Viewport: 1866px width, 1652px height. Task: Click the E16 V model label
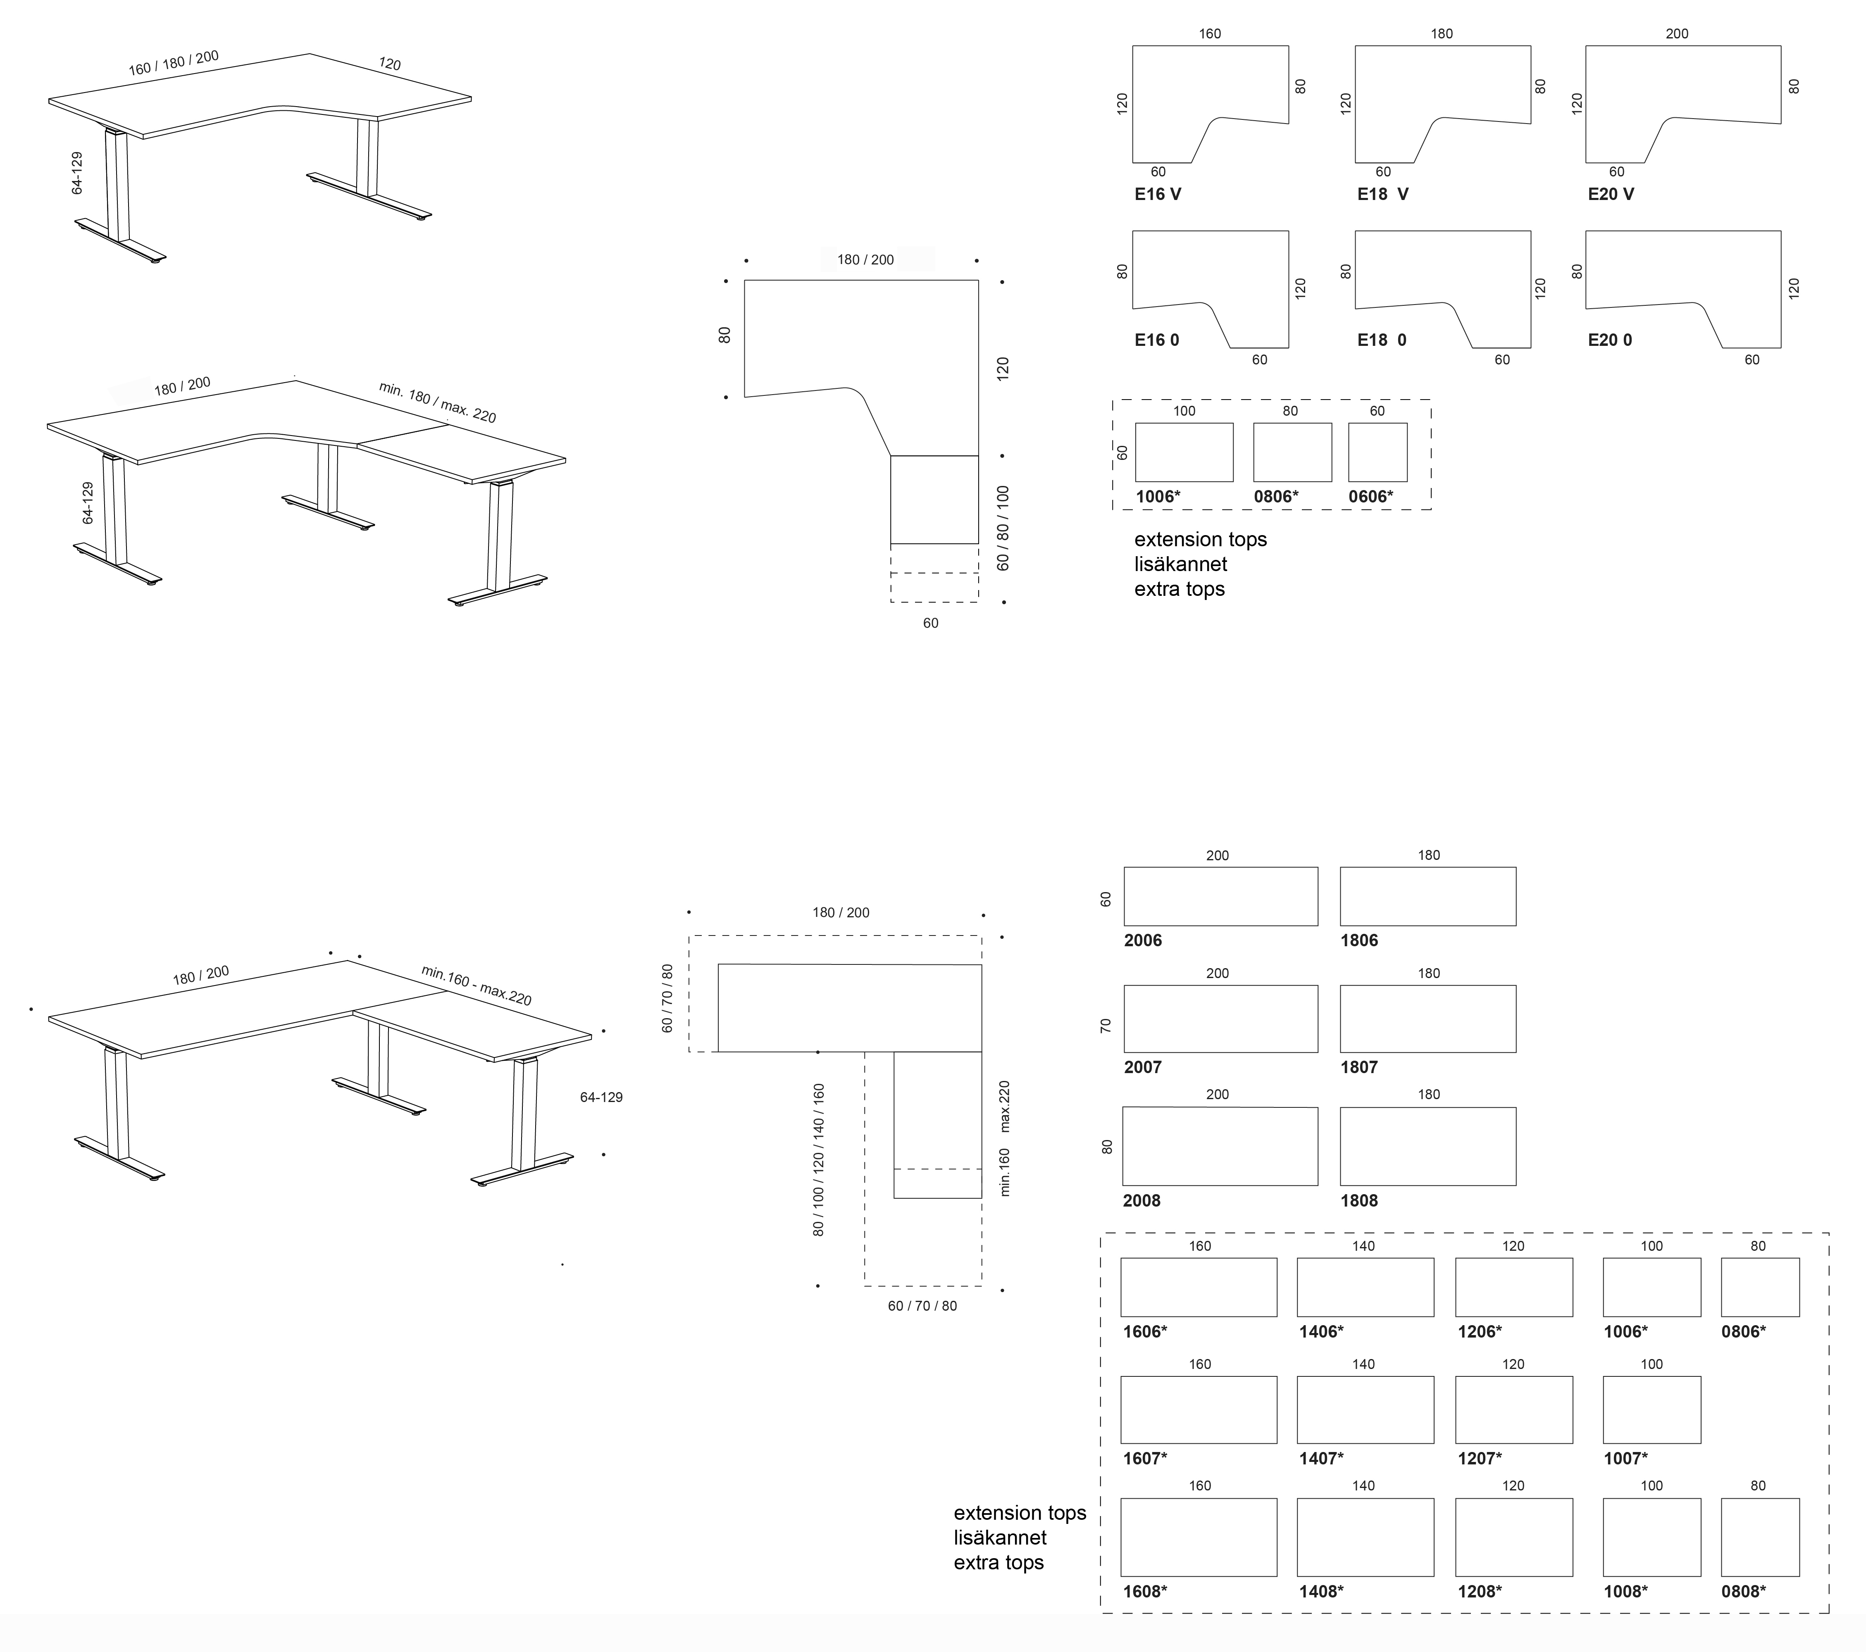pos(1158,194)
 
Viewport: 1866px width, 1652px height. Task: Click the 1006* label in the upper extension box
pos(1158,497)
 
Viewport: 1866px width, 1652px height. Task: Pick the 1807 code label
pos(1358,1067)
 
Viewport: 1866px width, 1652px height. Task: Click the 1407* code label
pos(1321,1459)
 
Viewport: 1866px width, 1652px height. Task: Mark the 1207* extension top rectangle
pos(1513,1410)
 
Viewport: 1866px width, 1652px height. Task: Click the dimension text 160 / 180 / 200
pos(174,63)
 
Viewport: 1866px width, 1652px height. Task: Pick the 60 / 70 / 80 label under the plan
pos(922,1306)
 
